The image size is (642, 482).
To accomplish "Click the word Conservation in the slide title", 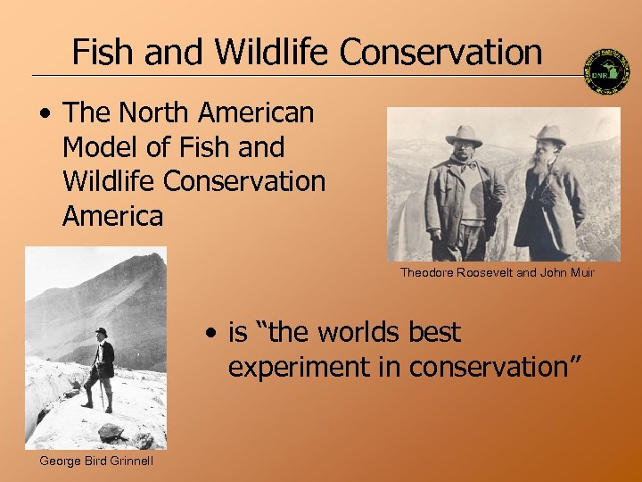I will coord(440,52).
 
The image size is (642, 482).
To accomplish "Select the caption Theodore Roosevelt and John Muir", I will coord(497,272).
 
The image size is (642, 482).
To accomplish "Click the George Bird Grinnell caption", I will coord(96,461).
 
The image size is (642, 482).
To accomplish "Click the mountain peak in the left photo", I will coord(143,263).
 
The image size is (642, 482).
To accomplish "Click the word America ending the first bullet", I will coord(113,215).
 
